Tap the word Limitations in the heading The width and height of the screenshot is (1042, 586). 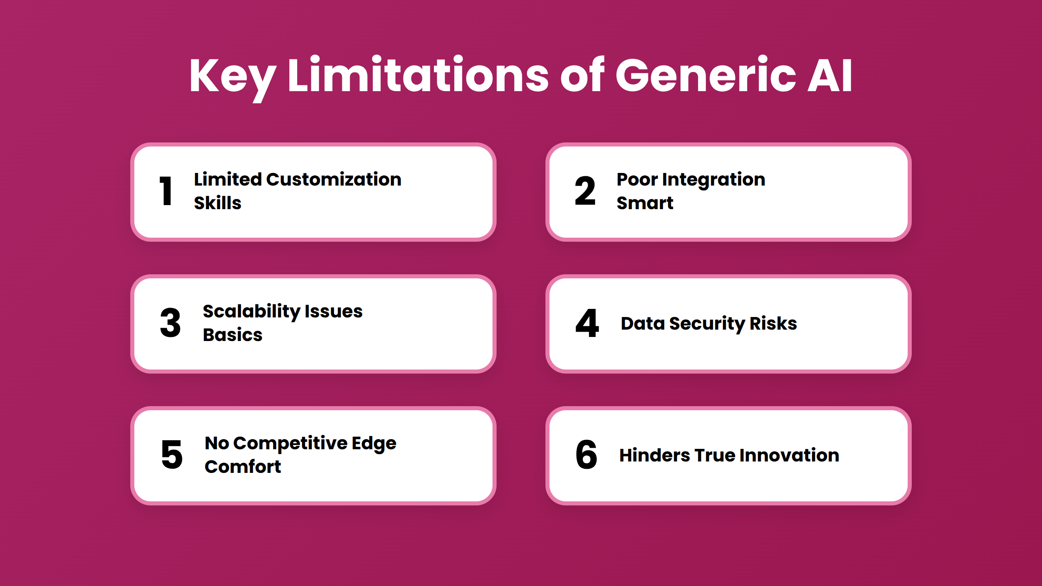click(x=419, y=74)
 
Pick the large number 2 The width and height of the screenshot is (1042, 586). click(x=585, y=190)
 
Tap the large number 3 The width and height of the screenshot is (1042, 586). click(x=170, y=323)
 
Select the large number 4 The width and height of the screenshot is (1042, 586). click(x=587, y=323)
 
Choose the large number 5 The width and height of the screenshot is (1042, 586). click(x=172, y=455)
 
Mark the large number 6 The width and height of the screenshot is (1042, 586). click(x=586, y=455)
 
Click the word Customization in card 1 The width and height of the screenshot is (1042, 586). click(x=334, y=179)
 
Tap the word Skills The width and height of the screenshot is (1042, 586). click(x=218, y=203)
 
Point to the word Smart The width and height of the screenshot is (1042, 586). click(x=645, y=203)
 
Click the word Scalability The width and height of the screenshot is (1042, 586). click(x=252, y=312)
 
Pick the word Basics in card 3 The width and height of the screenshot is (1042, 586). click(x=233, y=335)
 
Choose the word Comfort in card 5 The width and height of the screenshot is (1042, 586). click(x=243, y=467)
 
